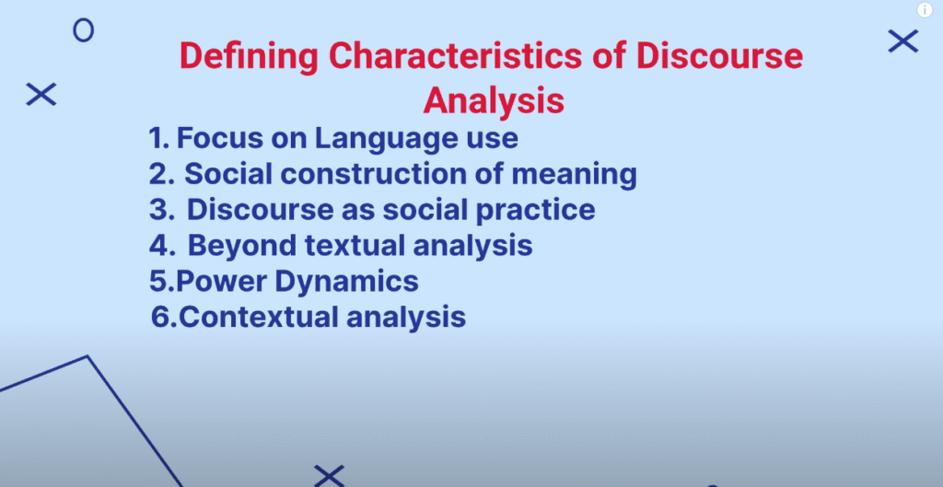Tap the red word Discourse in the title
click(x=719, y=55)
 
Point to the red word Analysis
click(x=494, y=100)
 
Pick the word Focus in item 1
click(x=219, y=138)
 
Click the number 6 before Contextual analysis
click(x=160, y=317)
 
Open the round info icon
click(x=925, y=9)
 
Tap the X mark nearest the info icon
click(x=903, y=41)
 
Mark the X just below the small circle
click(x=41, y=95)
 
